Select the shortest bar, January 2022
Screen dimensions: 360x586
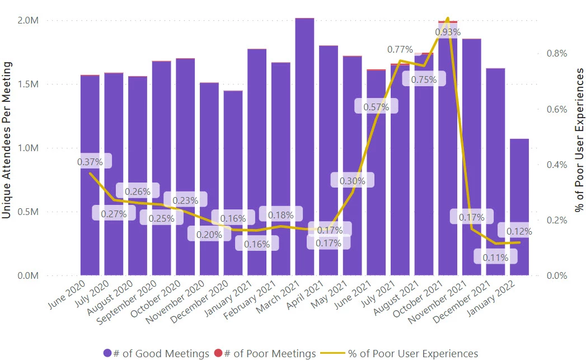(x=519, y=207)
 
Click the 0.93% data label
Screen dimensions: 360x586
(x=448, y=32)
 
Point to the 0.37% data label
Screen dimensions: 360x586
(x=90, y=162)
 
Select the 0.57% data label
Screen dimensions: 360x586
(x=376, y=107)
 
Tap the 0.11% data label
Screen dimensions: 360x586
(x=495, y=258)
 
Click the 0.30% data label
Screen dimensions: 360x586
(x=352, y=180)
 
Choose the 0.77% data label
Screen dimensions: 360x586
(x=400, y=50)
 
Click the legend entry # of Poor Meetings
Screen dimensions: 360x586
(x=266, y=353)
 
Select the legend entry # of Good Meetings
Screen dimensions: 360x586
(x=156, y=353)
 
